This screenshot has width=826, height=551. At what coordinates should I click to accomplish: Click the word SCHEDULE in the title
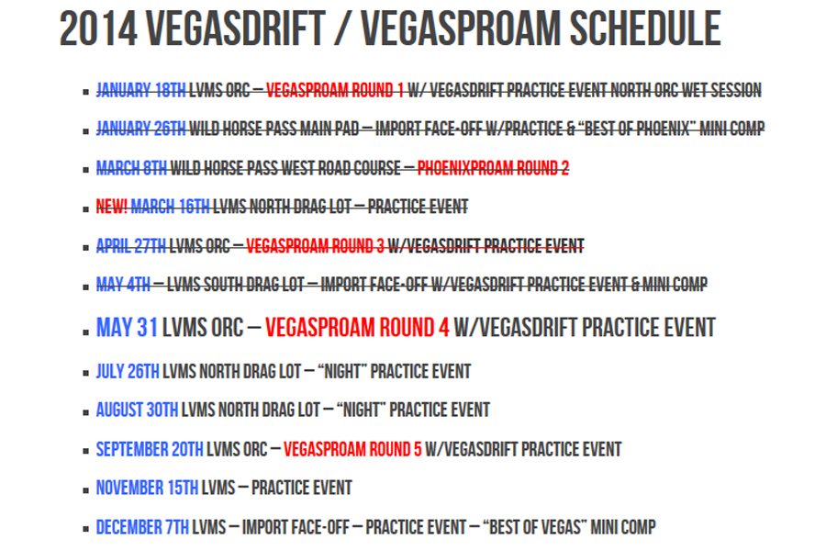pos(645,28)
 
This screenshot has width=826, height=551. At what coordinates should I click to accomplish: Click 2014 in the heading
pos(98,28)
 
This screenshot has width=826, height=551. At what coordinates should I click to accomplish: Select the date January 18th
pos(140,90)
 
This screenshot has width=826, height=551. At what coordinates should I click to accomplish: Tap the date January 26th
pos(140,129)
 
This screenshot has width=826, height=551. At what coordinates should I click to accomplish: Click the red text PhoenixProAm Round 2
pos(493,168)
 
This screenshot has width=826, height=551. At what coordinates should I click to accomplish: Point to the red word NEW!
pos(112,206)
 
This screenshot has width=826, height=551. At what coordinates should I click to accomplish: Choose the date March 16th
pos(170,206)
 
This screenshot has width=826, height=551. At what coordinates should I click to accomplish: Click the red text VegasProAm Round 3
pos(315,246)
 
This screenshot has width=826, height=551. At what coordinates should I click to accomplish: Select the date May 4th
pos(123,285)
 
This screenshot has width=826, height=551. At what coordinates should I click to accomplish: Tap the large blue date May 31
pos(127,328)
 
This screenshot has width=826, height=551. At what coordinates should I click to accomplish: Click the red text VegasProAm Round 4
pos(357,328)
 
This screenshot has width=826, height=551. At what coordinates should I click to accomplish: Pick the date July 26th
pos(128,371)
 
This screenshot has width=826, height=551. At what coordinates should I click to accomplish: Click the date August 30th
pos(137,410)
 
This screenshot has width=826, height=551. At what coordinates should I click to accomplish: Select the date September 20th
pos(150,449)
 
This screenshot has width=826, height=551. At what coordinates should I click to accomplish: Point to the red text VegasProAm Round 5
pos(352,449)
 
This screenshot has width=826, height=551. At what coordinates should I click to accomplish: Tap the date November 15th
pos(147,488)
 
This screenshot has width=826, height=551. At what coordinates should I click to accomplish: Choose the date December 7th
pos(142,527)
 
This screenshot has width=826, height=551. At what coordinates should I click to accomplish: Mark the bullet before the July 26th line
pos(86,374)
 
